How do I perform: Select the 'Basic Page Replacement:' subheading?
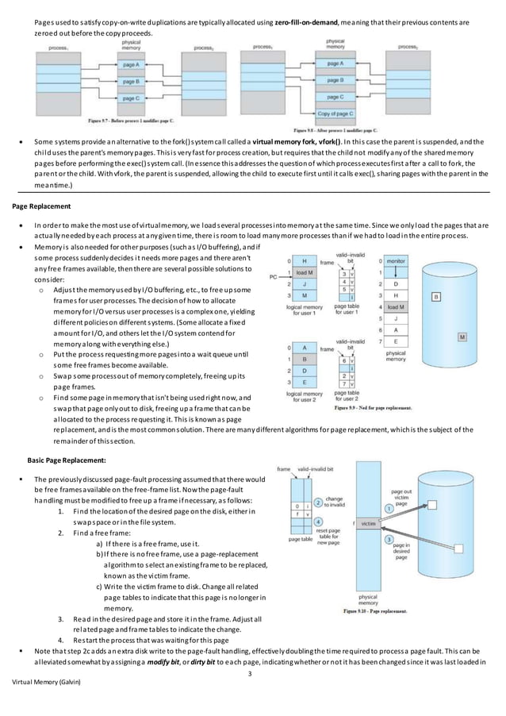[x=70, y=459]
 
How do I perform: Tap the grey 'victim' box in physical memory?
[x=368, y=524]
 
